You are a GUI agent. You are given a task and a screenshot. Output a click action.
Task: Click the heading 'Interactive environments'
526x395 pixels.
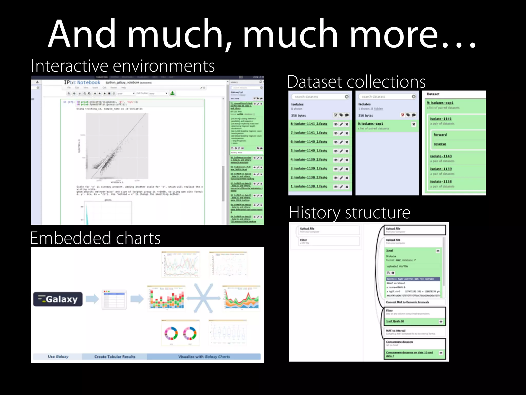(123, 66)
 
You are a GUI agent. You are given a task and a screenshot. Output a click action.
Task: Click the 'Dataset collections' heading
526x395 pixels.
(356, 82)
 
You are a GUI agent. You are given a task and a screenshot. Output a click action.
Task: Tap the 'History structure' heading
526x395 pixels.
(349, 213)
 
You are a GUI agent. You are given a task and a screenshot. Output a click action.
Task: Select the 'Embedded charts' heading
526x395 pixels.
(95, 238)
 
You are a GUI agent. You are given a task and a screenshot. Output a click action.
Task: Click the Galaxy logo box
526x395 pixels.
(58, 299)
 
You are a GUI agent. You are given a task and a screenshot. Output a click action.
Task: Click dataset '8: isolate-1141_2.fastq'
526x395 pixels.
(309, 124)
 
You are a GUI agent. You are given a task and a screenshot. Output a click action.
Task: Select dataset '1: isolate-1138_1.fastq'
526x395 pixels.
(309, 186)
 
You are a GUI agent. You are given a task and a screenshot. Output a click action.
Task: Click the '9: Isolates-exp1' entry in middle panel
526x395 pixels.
(370, 124)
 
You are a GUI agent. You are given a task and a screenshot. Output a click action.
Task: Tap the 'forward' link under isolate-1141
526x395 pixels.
(440, 135)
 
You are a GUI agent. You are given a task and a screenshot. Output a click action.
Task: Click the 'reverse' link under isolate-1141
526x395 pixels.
(440, 144)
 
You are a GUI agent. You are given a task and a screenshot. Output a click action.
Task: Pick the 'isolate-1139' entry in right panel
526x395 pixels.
(441, 169)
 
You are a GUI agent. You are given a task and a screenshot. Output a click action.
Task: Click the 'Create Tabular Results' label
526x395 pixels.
(115, 357)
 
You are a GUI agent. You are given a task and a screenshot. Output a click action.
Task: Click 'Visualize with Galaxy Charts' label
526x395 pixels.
(204, 357)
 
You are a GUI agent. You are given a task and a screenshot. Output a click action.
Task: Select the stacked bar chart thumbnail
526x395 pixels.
(166, 298)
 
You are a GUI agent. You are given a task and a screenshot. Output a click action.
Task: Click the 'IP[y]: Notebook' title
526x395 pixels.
(82, 83)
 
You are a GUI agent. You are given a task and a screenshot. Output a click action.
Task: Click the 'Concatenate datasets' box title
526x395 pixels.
(399, 342)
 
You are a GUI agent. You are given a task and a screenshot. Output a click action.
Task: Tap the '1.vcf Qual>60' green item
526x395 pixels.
(395, 321)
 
